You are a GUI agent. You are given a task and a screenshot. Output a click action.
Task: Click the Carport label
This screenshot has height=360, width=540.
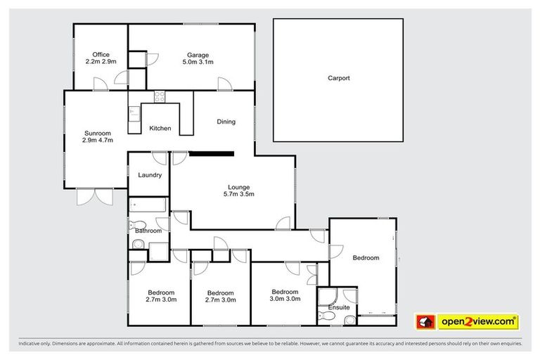338,79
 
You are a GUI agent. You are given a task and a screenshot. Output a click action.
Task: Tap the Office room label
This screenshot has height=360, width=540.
100,55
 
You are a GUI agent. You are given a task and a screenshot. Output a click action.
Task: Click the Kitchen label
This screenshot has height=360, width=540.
160,129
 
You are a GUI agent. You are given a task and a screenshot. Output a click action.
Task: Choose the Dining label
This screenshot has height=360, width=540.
226,122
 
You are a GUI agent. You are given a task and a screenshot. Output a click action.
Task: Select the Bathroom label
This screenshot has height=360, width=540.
148,231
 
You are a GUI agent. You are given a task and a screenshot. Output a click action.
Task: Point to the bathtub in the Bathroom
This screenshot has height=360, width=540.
148,205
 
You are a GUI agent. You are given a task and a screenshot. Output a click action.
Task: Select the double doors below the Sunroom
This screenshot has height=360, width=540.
94,196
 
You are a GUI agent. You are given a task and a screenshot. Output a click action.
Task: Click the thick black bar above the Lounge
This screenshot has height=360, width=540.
211,153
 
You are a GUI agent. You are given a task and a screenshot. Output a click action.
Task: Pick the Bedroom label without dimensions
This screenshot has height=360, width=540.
366,258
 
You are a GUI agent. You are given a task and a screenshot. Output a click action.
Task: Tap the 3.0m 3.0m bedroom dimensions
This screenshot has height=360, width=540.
285,299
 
